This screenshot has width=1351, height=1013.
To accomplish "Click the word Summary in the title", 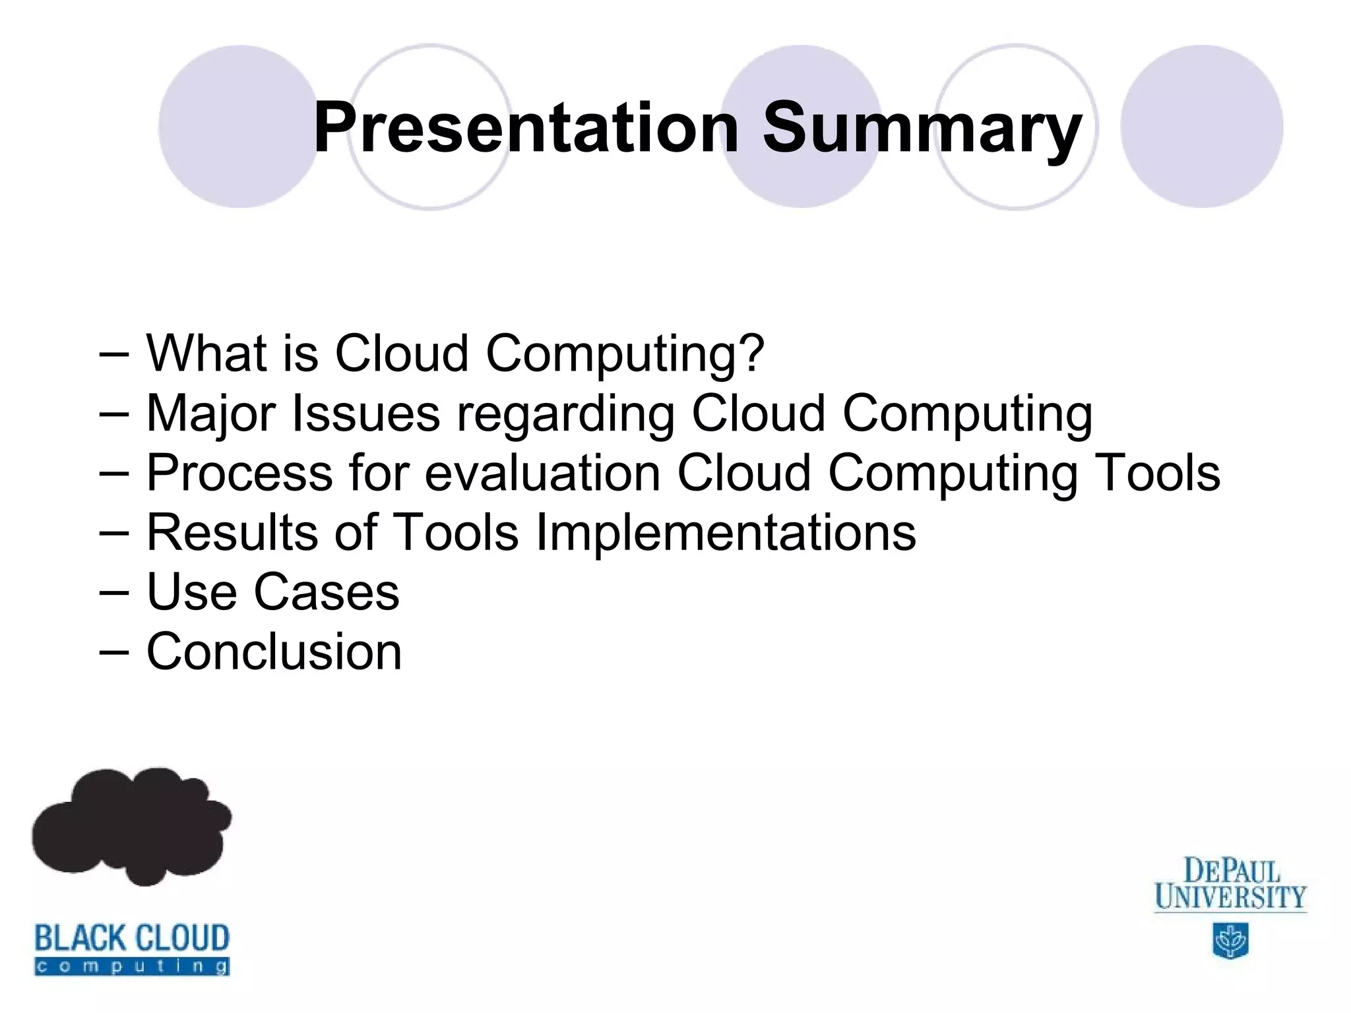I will point(922,128).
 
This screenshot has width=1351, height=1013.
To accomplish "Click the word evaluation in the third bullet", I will point(542,473).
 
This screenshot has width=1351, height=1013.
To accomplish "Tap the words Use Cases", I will point(272,592).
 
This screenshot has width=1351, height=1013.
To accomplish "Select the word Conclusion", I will point(274,652).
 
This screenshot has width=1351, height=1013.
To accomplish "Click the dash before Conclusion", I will point(113,652).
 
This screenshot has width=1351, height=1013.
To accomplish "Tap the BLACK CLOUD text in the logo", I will point(132,938).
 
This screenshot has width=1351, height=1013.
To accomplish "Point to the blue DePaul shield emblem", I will point(1230,940).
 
